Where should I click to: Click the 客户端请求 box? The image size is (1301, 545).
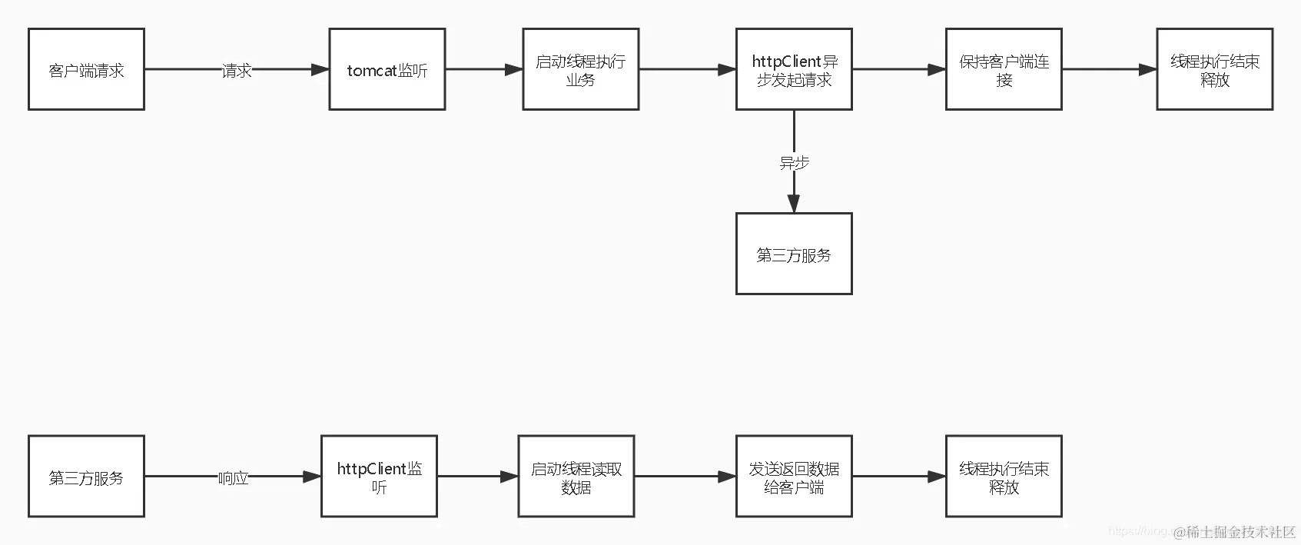[x=86, y=70]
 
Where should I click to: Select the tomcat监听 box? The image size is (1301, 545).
[x=387, y=70]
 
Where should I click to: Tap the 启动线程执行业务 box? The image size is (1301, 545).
[x=580, y=70]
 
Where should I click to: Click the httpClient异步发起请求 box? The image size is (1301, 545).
[x=794, y=70]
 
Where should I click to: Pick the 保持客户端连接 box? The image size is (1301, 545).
[x=1004, y=70]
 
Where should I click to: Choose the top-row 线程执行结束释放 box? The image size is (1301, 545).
[x=1214, y=70]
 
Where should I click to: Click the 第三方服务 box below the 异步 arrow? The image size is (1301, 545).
[x=794, y=254]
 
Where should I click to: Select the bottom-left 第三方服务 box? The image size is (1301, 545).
[x=86, y=477]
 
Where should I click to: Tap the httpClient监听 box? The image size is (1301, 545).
[x=379, y=477]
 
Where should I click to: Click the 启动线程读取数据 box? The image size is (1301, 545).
[x=576, y=477]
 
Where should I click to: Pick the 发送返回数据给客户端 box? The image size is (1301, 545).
[x=794, y=477]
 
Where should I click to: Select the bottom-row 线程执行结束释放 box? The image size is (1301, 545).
[x=1004, y=477]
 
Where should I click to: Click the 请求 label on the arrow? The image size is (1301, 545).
[x=237, y=71]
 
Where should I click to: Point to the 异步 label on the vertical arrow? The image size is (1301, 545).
[x=794, y=163]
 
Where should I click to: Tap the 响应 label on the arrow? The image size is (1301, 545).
[x=233, y=478]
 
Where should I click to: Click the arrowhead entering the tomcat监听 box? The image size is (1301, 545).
[x=320, y=70]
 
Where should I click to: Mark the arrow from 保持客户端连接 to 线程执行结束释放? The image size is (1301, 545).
[x=1109, y=70]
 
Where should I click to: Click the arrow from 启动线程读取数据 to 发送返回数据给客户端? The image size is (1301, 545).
[x=684, y=477]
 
